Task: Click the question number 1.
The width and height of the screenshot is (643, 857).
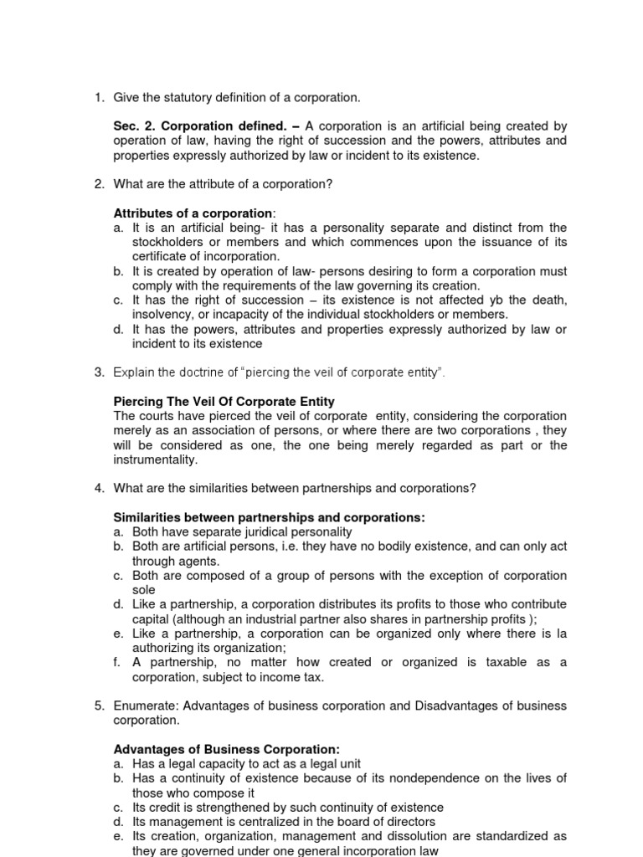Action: pyautogui.click(x=96, y=98)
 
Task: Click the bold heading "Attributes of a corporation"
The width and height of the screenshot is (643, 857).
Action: pyautogui.click(x=193, y=213)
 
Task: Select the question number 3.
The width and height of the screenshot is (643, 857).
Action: pyautogui.click(x=96, y=372)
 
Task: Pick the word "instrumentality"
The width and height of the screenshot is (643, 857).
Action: pyautogui.click(x=155, y=459)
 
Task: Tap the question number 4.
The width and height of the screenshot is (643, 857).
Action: pyautogui.click(x=96, y=488)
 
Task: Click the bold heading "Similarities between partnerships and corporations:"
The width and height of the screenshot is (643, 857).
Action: pyautogui.click(x=269, y=517)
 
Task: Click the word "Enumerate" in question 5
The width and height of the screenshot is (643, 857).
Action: pyautogui.click(x=143, y=706)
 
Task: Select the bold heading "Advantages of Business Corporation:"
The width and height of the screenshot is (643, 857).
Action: pyautogui.click(x=226, y=749)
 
